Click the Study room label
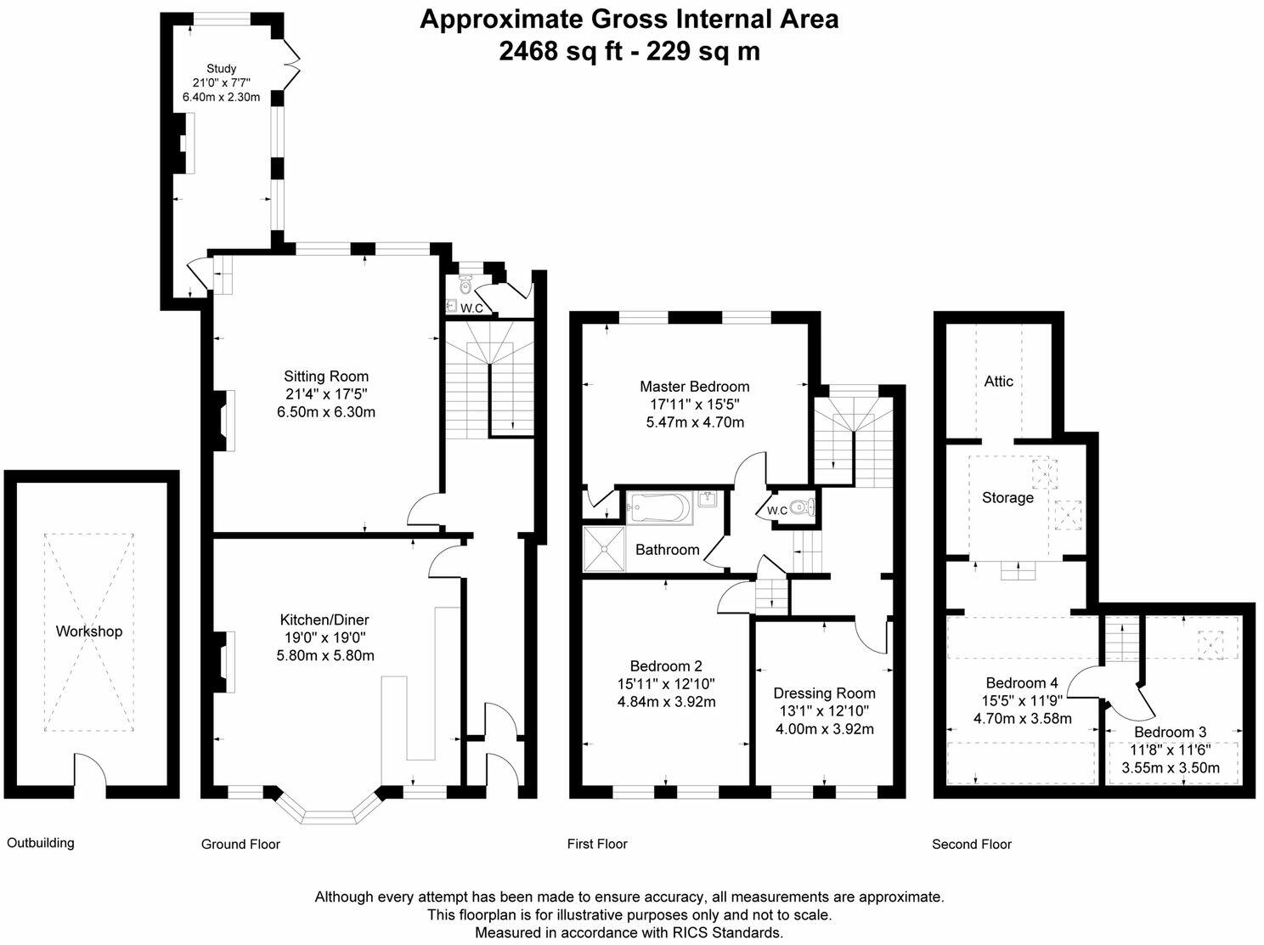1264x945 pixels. (221, 69)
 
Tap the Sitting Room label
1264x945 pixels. (326, 376)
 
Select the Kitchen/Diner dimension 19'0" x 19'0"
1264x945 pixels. (325, 637)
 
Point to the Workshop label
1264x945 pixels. (89, 631)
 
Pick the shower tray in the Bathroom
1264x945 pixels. (603, 549)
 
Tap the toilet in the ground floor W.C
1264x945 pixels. (466, 284)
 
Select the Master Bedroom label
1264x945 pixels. (695, 386)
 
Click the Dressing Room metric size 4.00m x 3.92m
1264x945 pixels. (825, 728)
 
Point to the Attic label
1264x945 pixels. (998, 382)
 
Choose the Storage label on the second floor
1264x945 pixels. (1007, 497)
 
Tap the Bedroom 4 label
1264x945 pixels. (1022, 683)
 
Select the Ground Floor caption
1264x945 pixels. (240, 844)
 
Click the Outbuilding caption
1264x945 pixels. (40, 843)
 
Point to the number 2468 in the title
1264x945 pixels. (528, 51)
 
